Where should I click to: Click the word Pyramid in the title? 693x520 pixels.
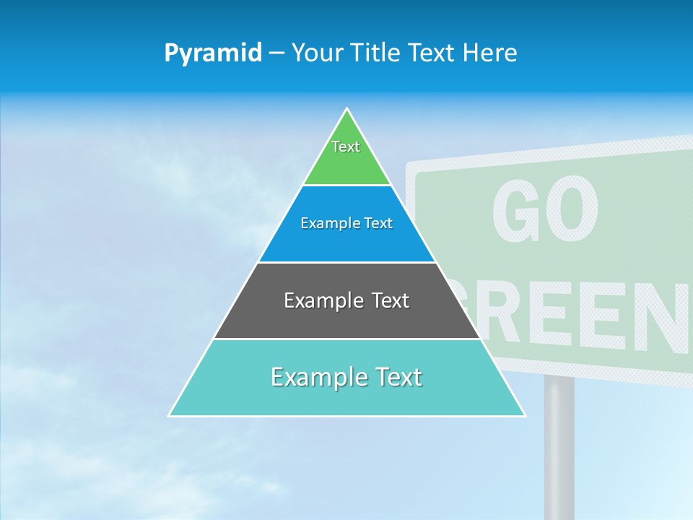point(213,53)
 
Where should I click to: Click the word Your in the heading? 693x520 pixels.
point(318,53)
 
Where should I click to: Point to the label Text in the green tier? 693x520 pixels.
point(346,147)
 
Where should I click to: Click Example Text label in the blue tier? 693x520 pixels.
point(346,223)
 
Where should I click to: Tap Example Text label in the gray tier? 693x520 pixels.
point(346,300)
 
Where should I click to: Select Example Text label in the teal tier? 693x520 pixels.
point(346,377)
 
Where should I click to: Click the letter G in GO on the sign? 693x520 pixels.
point(518,212)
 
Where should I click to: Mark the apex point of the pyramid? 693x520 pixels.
point(347,109)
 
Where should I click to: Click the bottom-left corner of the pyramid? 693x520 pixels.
point(169,416)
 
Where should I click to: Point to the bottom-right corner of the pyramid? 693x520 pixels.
point(525,416)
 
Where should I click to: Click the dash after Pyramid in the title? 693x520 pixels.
point(276,53)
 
